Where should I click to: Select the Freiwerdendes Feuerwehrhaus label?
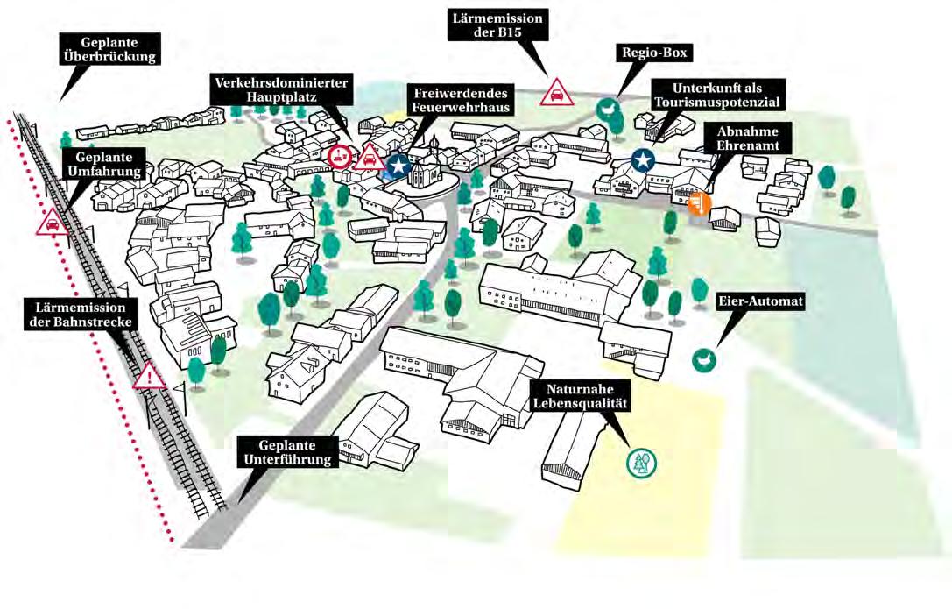(461, 99)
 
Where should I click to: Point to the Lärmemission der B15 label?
(498, 25)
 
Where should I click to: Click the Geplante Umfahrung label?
(102, 164)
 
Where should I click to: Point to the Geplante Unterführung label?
(286, 451)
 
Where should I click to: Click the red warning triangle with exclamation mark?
(149, 377)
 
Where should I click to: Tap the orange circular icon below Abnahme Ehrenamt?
(699, 203)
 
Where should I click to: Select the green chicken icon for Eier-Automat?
(702, 358)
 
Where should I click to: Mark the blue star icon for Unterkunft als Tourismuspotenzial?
(644, 159)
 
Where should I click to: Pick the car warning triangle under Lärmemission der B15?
(556, 91)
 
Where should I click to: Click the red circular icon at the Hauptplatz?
(340, 157)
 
